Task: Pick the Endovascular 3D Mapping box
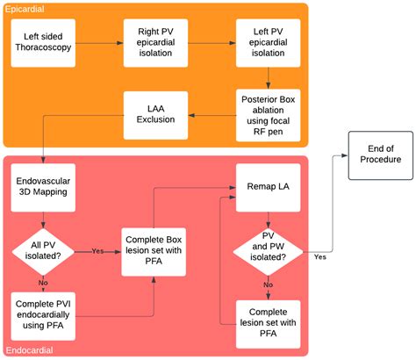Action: click(42, 191)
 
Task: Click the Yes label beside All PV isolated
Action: click(98, 250)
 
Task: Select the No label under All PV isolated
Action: click(42, 284)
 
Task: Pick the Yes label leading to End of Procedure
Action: click(319, 258)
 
